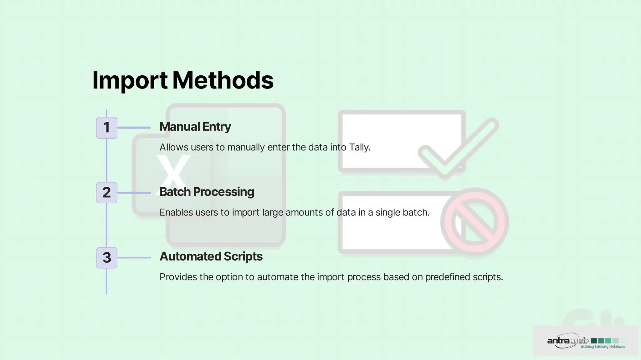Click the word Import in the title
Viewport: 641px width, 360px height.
(x=130, y=80)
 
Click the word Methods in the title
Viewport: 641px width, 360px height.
(x=223, y=80)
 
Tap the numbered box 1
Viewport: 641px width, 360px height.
(x=107, y=128)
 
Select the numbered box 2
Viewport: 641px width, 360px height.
(x=107, y=193)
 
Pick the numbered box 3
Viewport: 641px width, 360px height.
(x=107, y=258)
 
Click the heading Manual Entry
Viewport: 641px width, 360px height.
(x=195, y=127)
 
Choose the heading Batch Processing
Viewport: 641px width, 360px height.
(x=207, y=192)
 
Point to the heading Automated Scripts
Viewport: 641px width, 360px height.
(x=211, y=256)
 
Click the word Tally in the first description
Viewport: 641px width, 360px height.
(x=359, y=147)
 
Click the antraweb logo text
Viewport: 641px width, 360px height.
(x=567, y=341)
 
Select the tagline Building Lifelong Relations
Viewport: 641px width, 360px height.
(x=603, y=347)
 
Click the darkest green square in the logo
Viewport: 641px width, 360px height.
(x=593, y=341)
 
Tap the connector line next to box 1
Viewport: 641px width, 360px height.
(x=134, y=128)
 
